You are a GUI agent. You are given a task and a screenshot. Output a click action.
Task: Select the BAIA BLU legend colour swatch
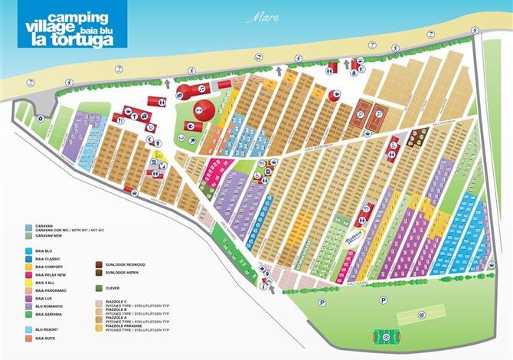pos(28,250)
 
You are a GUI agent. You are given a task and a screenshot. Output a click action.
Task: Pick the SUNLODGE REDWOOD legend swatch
pos(99,264)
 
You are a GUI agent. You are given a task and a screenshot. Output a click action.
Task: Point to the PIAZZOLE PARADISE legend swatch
pos(99,327)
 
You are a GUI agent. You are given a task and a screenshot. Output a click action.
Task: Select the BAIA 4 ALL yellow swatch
pos(28,282)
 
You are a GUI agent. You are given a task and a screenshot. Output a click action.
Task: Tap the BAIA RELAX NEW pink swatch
pos(28,273)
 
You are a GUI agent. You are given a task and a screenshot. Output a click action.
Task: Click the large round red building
pos(203,109)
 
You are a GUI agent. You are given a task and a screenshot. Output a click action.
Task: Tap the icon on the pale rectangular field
pos(422,314)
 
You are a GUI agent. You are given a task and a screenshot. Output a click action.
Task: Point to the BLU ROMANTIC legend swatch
pos(28,306)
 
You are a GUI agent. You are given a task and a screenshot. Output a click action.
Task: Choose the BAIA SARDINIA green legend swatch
pos(28,314)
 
